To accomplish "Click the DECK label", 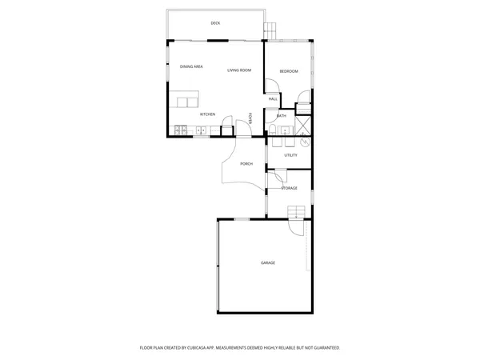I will [215, 23].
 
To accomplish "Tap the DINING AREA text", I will [190, 67].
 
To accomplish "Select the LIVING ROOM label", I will [239, 70].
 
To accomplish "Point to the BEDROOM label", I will [289, 72].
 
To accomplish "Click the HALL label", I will [273, 99].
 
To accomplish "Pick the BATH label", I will [282, 116].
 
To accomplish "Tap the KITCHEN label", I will [207, 114].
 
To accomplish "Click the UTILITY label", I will [290, 155].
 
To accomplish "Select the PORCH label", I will [246, 164].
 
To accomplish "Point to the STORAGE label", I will [289, 189].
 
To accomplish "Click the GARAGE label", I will [267, 263].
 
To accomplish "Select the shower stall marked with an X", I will [304, 126].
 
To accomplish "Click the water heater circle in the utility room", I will [305, 142].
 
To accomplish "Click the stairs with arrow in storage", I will [297, 212].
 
